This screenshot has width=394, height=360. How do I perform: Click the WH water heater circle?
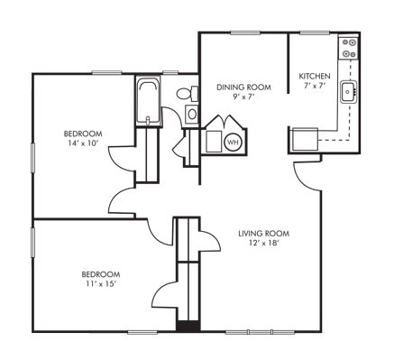[232, 142]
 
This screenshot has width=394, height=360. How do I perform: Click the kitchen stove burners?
[349, 48]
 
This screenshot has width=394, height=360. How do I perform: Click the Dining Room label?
[239, 87]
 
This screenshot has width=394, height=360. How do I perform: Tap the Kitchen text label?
[314, 76]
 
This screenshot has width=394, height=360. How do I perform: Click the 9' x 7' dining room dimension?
[239, 97]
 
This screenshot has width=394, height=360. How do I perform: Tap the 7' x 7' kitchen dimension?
[313, 86]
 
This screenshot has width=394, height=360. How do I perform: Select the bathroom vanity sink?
[191, 114]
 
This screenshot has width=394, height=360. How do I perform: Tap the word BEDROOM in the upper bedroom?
[82, 134]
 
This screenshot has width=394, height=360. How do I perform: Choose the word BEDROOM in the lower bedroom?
[101, 273]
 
